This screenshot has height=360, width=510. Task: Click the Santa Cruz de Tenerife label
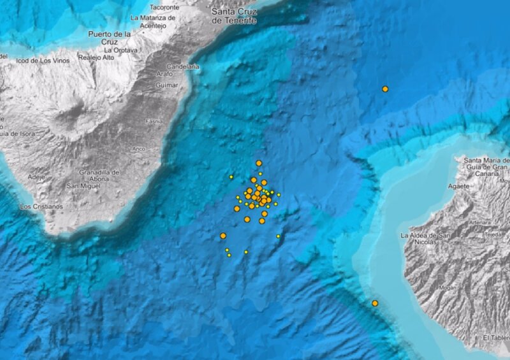235,15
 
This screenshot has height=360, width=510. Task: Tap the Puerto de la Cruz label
110,38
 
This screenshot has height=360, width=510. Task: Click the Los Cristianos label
41,206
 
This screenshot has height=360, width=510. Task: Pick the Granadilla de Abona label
99,176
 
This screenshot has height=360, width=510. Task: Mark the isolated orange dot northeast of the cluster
385,89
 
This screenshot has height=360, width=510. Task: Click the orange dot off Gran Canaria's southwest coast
375,303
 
